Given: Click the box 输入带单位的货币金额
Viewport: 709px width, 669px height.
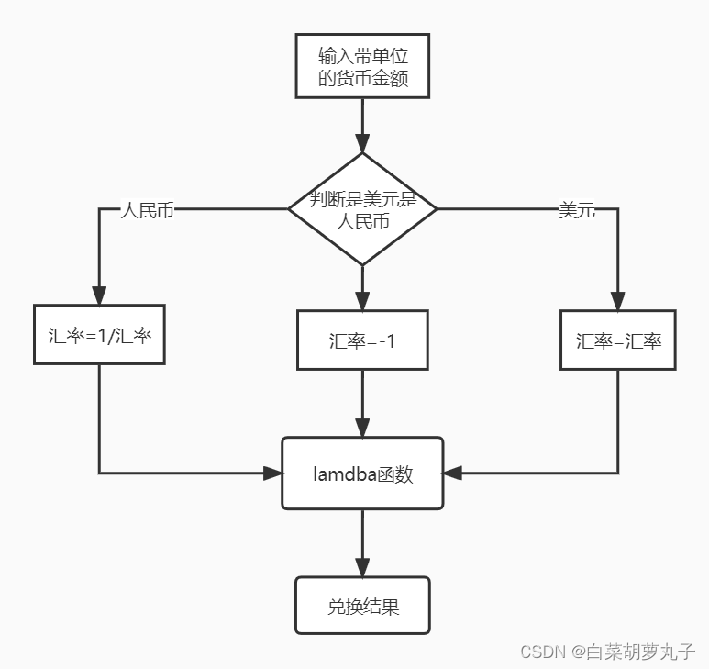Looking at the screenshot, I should click(x=362, y=65).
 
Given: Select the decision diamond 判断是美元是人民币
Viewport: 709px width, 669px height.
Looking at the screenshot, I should click(x=362, y=209).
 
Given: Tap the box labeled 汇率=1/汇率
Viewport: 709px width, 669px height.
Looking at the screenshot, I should click(x=99, y=335).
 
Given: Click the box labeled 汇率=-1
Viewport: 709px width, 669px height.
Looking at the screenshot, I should click(x=362, y=340).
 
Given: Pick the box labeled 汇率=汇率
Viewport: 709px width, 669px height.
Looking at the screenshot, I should click(x=618, y=340).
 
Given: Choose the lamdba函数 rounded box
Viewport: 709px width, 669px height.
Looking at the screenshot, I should click(x=362, y=474).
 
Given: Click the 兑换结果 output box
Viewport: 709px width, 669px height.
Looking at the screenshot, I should click(x=362, y=606).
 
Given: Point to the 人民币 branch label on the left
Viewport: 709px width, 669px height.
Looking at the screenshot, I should click(x=148, y=209).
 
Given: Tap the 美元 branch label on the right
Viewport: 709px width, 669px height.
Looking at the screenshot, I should click(x=577, y=210).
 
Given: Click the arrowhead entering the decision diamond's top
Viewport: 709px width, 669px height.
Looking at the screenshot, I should click(x=362, y=143).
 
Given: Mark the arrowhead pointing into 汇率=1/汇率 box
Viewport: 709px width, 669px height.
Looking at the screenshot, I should click(x=99, y=295).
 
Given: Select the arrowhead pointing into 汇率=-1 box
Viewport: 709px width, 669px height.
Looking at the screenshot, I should click(x=362, y=301).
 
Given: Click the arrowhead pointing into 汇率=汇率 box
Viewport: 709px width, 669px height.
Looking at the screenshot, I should click(x=618, y=301).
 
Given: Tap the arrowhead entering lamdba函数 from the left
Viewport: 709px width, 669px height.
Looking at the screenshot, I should click(x=272, y=474).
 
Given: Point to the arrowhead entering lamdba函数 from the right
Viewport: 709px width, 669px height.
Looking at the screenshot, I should click(x=453, y=474).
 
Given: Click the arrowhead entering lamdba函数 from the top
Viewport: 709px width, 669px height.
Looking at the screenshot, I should click(x=362, y=428).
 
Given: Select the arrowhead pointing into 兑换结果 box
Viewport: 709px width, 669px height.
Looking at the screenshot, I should click(x=362, y=567).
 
